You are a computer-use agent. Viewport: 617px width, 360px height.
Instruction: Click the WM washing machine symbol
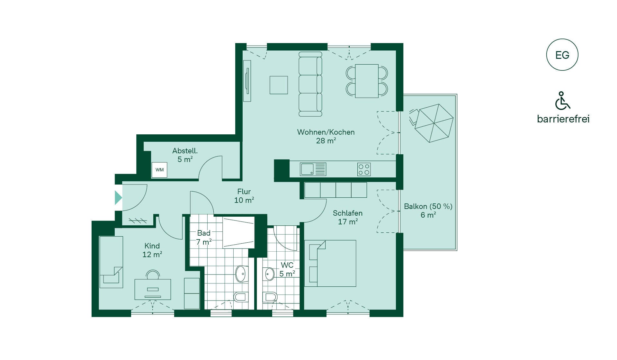coord(159,170)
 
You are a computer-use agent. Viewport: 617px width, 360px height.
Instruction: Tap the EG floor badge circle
coord(562,55)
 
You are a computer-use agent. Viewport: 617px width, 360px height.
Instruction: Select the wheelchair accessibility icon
coord(562,101)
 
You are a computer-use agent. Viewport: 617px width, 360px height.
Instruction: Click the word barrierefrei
coord(563,119)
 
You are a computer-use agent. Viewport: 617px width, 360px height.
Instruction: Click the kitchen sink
coord(313,169)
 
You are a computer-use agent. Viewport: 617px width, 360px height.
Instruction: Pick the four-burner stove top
coord(364,169)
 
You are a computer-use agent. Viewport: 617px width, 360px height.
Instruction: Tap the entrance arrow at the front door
coord(118,197)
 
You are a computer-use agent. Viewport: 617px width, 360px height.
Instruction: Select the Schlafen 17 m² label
coord(348,217)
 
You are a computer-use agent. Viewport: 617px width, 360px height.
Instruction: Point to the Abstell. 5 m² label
coord(185,155)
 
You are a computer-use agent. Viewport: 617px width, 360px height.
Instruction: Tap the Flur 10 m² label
coord(244,196)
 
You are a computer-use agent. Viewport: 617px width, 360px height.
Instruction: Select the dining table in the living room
coord(367,81)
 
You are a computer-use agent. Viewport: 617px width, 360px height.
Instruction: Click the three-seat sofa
coord(310,84)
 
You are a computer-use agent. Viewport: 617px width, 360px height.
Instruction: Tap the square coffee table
coord(279,85)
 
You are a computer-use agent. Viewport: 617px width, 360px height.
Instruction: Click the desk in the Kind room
coord(153,289)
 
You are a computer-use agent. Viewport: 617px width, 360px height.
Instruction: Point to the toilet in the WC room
coord(270,298)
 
